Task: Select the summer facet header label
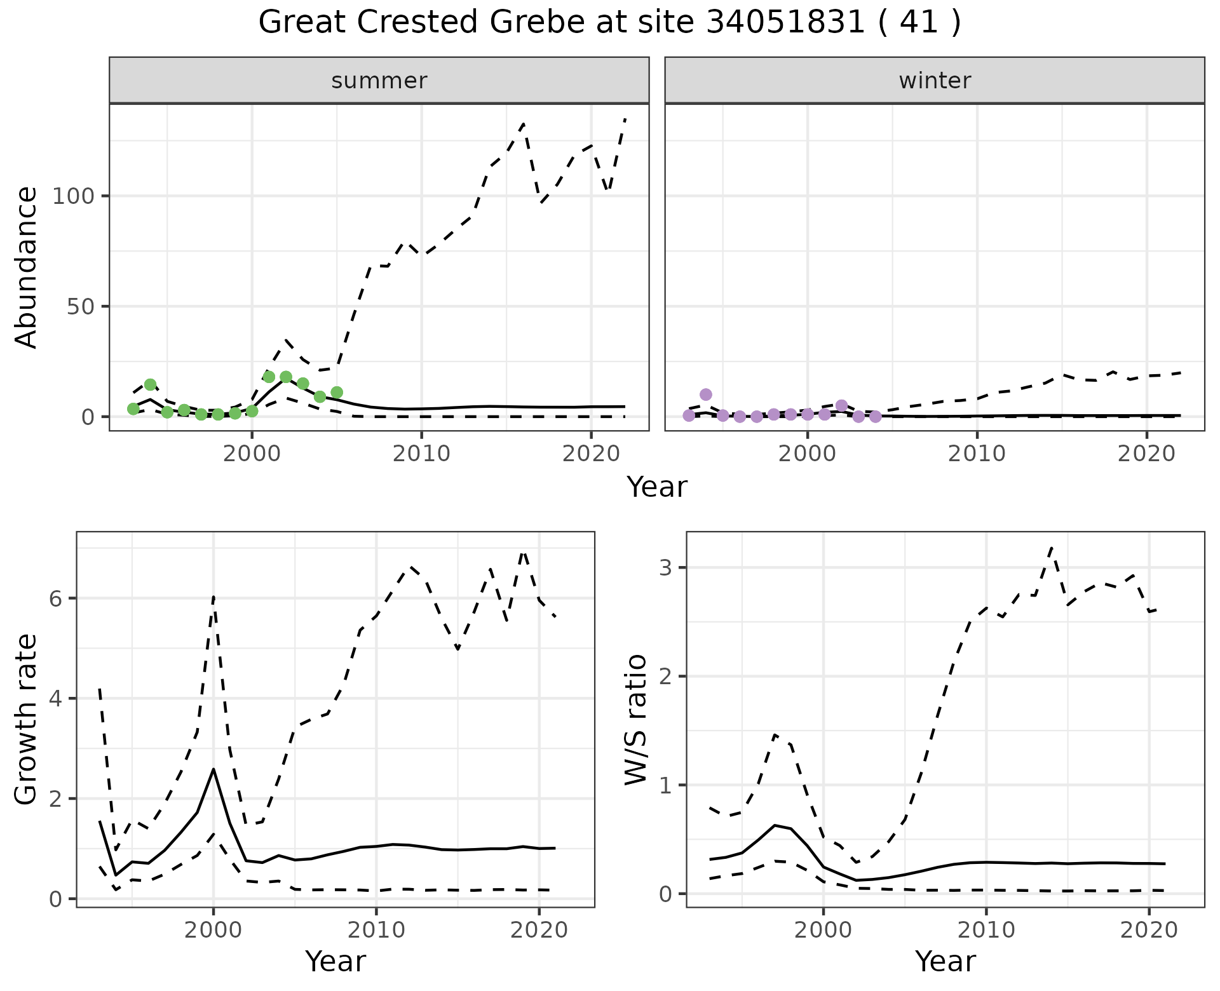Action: pyautogui.click(x=379, y=81)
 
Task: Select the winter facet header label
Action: pyautogui.click(x=935, y=81)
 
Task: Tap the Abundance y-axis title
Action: pyautogui.click(x=27, y=267)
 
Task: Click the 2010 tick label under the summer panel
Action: pyautogui.click(x=421, y=454)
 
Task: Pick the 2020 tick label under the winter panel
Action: pyautogui.click(x=1147, y=454)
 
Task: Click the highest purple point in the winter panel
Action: pyautogui.click(x=706, y=394)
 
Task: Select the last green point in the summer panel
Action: pyautogui.click(x=337, y=393)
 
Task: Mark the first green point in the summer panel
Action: pyautogui.click(x=133, y=408)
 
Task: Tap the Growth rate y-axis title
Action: pyautogui.click(x=27, y=720)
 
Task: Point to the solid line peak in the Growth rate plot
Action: pyautogui.click(x=213, y=769)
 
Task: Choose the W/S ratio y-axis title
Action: pyautogui.click(x=636, y=720)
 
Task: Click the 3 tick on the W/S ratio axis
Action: pyautogui.click(x=665, y=567)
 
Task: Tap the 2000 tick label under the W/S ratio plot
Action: pyautogui.click(x=823, y=931)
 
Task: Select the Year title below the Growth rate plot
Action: pyautogui.click(x=335, y=961)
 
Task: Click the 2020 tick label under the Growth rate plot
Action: pyautogui.click(x=539, y=931)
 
